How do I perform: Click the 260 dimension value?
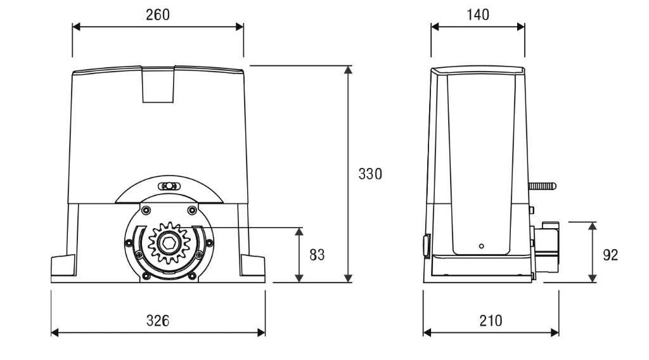(x=158, y=15)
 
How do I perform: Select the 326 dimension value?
(x=158, y=321)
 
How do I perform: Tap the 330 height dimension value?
(x=370, y=174)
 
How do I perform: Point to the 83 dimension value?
(x=317, y=255)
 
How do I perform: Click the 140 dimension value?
(x=478, y=15)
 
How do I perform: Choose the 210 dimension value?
(x=491, y=321)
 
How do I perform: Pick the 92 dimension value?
(x=610, y=255)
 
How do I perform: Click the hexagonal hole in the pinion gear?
(x=169, y=243)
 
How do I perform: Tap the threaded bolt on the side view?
(x=543, y=186)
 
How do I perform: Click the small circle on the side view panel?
(x=482, y=246)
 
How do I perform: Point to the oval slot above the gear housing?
(x=169, y=186)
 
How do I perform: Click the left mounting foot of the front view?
(x=63, y=266)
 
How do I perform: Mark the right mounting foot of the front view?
(x=252, y=266)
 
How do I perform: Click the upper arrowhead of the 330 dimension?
(x=348, y=70)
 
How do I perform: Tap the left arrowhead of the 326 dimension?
(x=55, y=332)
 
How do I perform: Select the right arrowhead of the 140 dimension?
(x=521, y=27)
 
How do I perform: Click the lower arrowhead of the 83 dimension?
(x=299, y=278)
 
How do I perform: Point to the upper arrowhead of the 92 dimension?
(x=593, y=226)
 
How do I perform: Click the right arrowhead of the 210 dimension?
(x=555, y=332)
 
